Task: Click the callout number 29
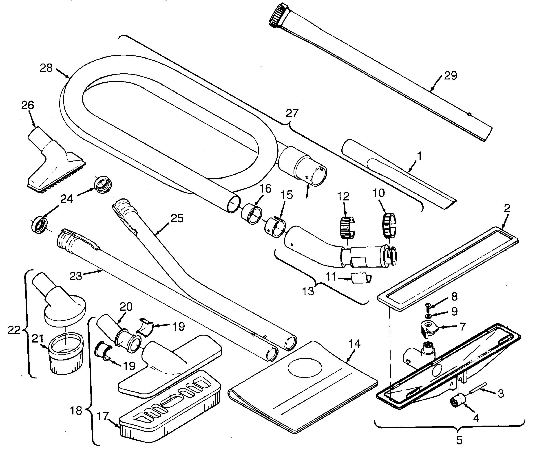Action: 451,76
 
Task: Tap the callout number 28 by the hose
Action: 46,68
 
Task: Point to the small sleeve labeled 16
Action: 251,215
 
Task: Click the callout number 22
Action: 14,330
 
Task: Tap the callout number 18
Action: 76,411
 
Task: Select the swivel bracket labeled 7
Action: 429,328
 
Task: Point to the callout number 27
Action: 292,114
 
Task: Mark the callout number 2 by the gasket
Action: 507,208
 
